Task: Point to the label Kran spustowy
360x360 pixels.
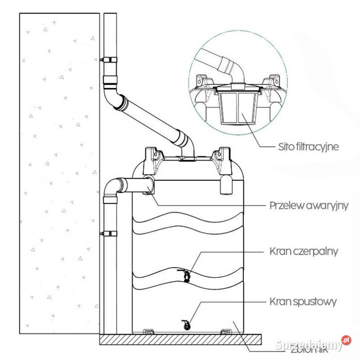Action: (302, 301)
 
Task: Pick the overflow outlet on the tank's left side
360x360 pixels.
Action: (148, 185)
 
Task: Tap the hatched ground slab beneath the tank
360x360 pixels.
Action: (180, 339)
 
